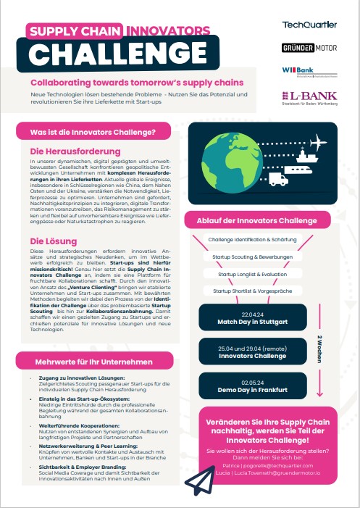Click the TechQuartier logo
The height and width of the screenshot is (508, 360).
pos(309,25)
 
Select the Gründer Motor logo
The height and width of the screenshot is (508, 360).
pos(309,48)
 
